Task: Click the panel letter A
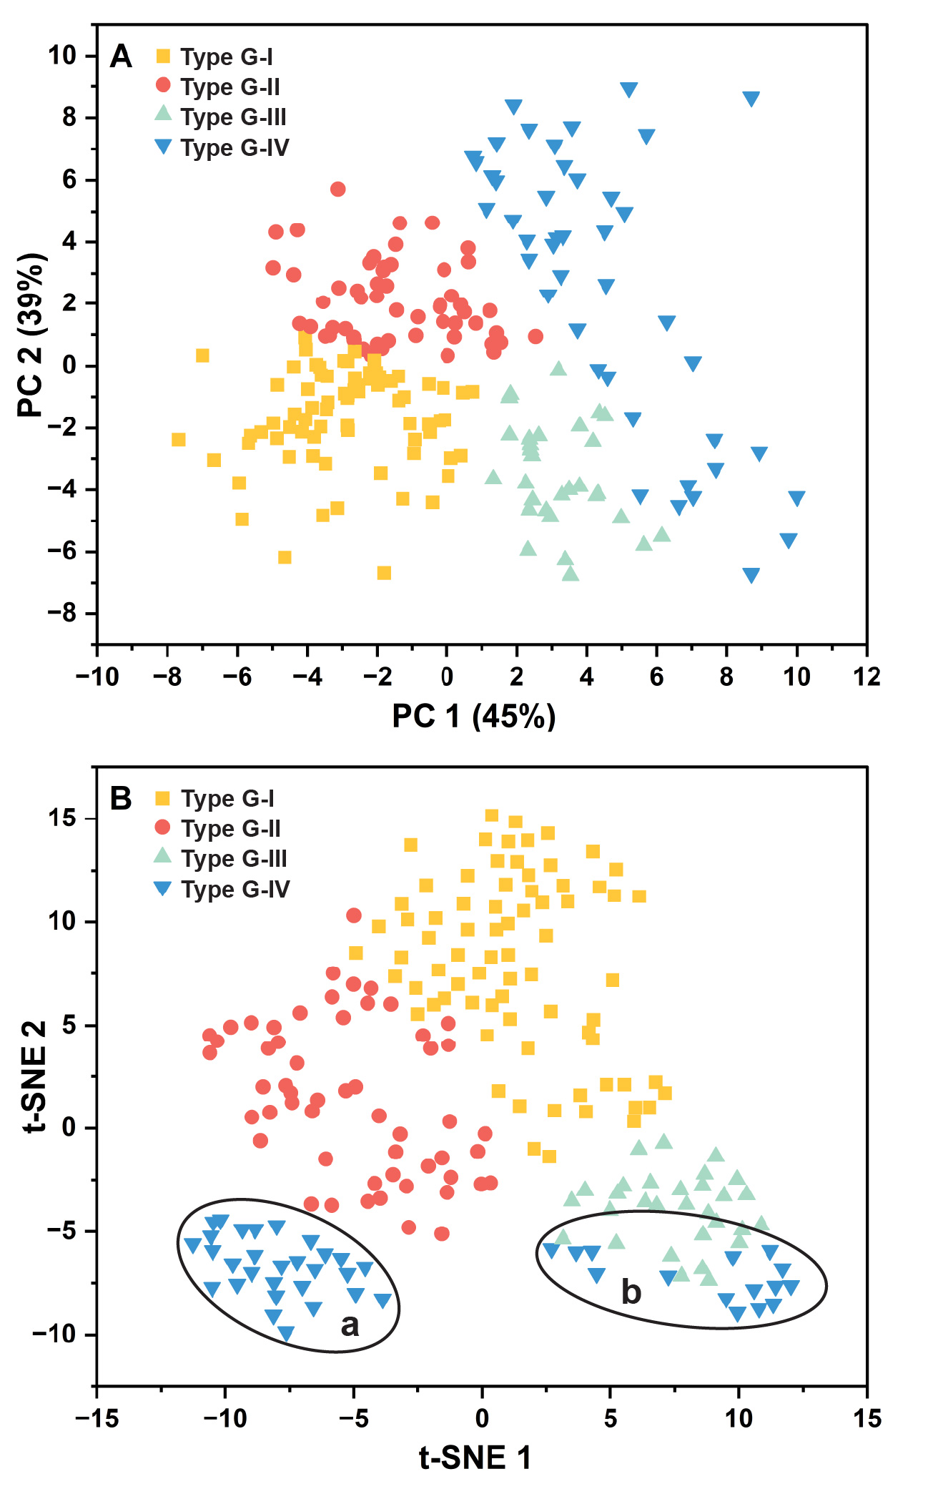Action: pos(121,56)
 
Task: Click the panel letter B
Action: pos(121,798)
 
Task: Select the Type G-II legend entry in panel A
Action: pos(229,87)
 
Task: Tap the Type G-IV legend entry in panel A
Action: pos(234,147)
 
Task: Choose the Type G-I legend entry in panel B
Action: pos(227,798)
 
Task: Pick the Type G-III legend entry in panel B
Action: pos(234,858)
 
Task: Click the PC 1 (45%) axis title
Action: pos(473,716)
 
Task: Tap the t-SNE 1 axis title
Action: pos(475,1458)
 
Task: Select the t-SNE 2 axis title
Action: pos(34,1076)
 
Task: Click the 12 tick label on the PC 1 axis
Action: pos(867,677)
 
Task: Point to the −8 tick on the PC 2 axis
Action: pos(63,614)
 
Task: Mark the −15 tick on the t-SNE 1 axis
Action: pos(97,1418)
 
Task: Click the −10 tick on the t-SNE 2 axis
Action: pos(54,1334)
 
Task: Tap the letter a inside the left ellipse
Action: pos(350,1325)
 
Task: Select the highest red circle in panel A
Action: pos(338,189)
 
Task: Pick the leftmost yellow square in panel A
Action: pos(179,439)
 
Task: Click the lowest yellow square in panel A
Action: pos(384,573)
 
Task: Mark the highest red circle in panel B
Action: pos(354,915)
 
